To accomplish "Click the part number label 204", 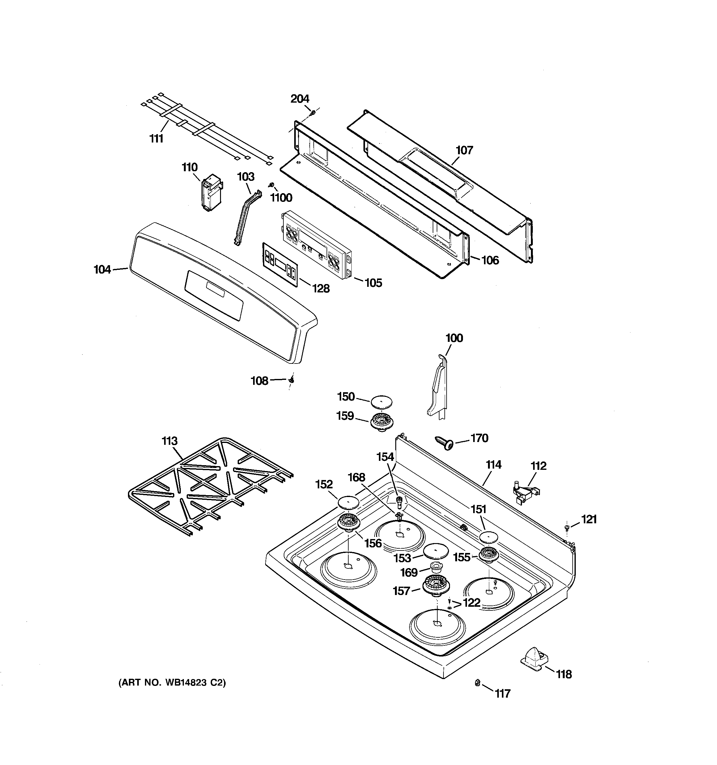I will click(299, 99).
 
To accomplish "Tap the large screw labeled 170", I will click(444, 443).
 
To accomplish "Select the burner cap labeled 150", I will click(381, 402).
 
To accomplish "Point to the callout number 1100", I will click(281, 198).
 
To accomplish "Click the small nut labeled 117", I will click(477, 683).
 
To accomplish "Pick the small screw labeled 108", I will click(292, 380).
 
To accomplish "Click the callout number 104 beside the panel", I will click(102, 270).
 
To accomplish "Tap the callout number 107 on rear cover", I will click(464, 150).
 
